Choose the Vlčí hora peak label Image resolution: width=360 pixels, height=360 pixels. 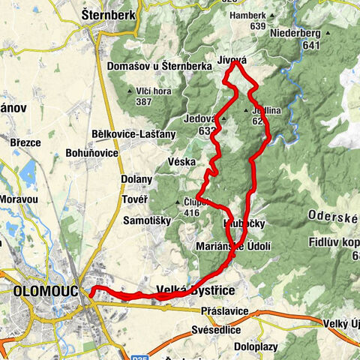coord(154,91)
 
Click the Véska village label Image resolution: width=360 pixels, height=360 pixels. coord(181,161)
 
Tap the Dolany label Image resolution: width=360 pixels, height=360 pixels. coord(136,179)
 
